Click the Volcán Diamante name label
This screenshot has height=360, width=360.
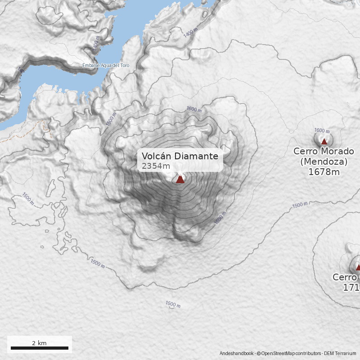click(x=180, y=156)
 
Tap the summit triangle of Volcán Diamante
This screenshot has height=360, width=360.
click(x=180, y=179)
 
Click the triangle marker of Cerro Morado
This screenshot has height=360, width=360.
click(x=324, y=141)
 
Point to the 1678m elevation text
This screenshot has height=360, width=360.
click(x=324, y=171)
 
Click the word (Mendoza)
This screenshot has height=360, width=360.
click(x=324, y=161)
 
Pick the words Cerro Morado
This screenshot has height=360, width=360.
click(x=324, y=151)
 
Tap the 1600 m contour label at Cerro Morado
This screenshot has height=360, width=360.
click(x=322, y=130)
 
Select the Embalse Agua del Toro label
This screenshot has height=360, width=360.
click(x=106, y=66)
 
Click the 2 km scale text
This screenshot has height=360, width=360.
click(x=39, y=343)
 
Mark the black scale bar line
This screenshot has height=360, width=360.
click(x=39, y=348)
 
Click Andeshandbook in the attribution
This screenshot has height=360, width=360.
click(x=237, y=353)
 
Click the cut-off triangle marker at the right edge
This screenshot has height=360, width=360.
click(x=358, y=267)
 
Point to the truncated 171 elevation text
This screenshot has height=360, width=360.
click(x=351, y=287)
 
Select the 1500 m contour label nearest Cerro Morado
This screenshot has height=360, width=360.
click(x=300, y=205)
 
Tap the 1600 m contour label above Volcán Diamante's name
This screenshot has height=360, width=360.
click(x=194, y=109)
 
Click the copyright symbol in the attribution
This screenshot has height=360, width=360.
click(x=259, y=353)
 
